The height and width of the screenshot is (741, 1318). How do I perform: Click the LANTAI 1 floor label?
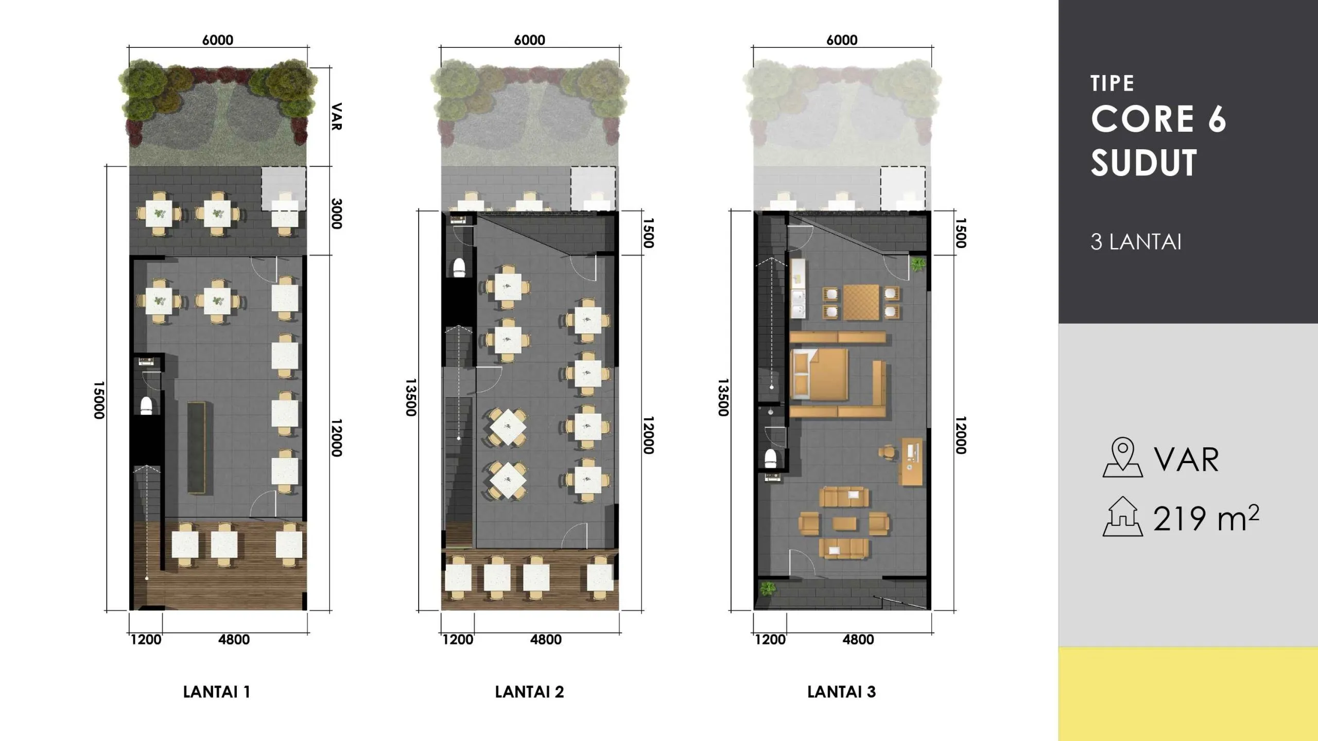[x=217, y=692]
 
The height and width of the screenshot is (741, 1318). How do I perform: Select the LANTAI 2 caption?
[x=529, y=692]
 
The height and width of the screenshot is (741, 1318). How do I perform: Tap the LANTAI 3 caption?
[x=841, y=692]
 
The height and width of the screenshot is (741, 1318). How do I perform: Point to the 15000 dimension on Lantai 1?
[x=99, y=400]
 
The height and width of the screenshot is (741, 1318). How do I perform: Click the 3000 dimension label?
[x=336, y=214]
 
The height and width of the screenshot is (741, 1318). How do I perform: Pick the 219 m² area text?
[x=1206, y=518]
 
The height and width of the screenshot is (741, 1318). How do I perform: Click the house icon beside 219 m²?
[x=1123, y=517]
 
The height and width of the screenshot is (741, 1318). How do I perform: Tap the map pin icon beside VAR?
[x=1122, y=457]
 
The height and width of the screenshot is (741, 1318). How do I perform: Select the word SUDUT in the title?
[x=1144, y=163]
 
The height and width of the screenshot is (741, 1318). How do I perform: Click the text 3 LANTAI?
[x=1136, y=242]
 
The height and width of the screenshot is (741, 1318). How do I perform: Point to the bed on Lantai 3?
[x=818, y=375]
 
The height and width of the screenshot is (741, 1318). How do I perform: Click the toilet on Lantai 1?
[x=147, y=405]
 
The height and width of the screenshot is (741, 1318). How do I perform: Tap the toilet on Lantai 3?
[x=771, y=458]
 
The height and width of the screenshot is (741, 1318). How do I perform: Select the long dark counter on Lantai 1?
[x=196, y=448]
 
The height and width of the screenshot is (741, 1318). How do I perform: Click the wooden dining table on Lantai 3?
[x=861, y=302]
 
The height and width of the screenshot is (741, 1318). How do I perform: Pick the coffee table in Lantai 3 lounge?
[x=845, y=524]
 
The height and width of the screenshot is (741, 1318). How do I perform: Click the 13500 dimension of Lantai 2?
[x=410, y=398]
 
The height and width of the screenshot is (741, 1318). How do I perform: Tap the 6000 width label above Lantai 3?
[x=842, y=40]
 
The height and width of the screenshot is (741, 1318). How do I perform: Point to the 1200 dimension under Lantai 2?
[x=458, y=640]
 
